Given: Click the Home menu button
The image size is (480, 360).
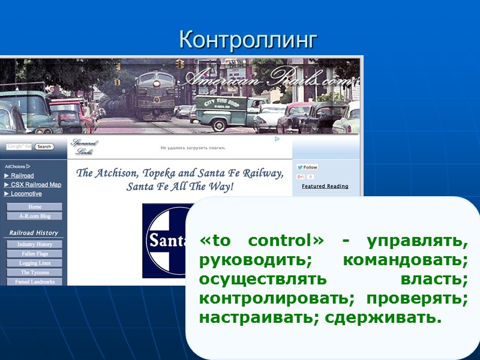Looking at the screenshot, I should pyautogui.click(x=35, y=207).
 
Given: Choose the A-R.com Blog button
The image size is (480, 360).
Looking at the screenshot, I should pyautogui.click(x=35, y=216).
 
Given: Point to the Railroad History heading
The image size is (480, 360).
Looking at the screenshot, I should pyautogui.click(x=34, y=233).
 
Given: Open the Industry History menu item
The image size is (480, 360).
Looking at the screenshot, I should pyautogui.click(x=35, y=244).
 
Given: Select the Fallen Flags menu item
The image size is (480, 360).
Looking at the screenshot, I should pyautogui.click(x=35, y=254).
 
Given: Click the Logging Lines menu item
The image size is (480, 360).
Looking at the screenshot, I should pyautogui.click(x=35, y=263).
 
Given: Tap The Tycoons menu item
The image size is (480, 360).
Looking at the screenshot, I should pyautogui.click(x=35, y=272).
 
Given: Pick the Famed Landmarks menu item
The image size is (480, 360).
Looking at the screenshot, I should pyautogui.click(x=35, y=281).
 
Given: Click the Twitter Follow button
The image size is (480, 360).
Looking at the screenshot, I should pyautogui.click(x=308, y=167).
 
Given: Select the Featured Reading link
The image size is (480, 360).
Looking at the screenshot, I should pyautogui.click(x=325, y=186).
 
